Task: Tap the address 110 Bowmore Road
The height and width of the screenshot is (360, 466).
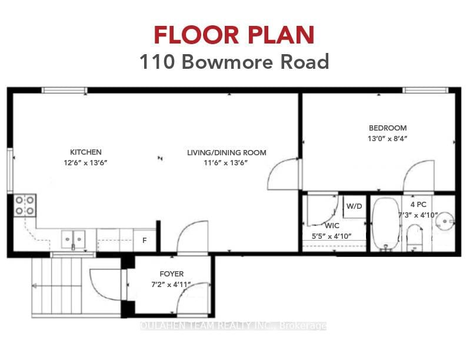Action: tap(233, 62)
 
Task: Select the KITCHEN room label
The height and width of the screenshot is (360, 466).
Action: tap(86, 152)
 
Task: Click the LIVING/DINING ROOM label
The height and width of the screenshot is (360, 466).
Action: tap(227, 152)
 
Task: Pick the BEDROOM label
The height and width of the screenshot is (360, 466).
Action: tap(387, 128)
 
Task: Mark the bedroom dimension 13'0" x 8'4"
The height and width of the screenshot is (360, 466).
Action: tap(387, 138)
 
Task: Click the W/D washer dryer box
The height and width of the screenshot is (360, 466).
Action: tap(354, 206)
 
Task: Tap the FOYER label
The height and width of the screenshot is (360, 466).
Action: tap(172, 274)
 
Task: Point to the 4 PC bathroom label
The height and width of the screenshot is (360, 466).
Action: tap(418, 204)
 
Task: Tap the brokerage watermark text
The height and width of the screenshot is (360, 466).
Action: tap(233, 326)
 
